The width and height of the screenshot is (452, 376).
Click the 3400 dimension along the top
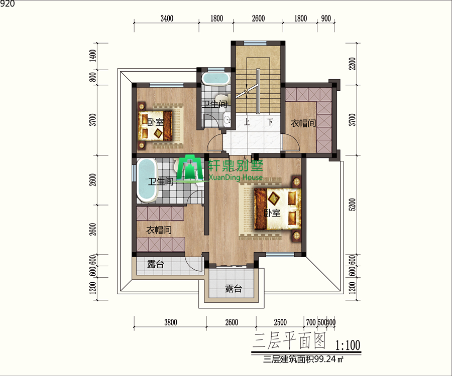167,19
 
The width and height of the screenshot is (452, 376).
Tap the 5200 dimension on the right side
352,205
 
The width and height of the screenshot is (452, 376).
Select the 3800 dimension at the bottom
171,322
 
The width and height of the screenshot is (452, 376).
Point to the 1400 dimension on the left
92,56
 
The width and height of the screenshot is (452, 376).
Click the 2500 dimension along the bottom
280,322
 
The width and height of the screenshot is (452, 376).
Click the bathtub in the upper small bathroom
215,79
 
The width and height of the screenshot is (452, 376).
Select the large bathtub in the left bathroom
147,180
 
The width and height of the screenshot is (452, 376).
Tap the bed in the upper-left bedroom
156,126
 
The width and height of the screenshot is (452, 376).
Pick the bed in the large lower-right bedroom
278,209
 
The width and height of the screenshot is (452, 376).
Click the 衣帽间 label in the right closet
303,123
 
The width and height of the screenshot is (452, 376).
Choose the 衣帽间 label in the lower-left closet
159,230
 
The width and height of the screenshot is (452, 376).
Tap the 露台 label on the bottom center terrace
234,289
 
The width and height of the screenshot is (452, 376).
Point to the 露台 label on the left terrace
156,264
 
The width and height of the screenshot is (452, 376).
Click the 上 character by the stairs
247,122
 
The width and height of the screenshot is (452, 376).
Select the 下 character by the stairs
270,122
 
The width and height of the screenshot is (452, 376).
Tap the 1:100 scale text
348,345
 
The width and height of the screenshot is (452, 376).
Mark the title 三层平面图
289,341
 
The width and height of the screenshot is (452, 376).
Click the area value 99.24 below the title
325,359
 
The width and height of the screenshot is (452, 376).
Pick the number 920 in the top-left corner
7,4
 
